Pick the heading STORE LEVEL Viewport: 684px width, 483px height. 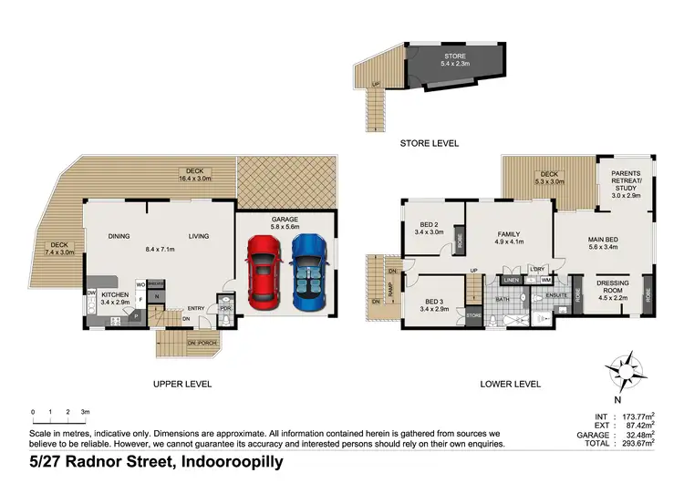(x=429, y=143)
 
